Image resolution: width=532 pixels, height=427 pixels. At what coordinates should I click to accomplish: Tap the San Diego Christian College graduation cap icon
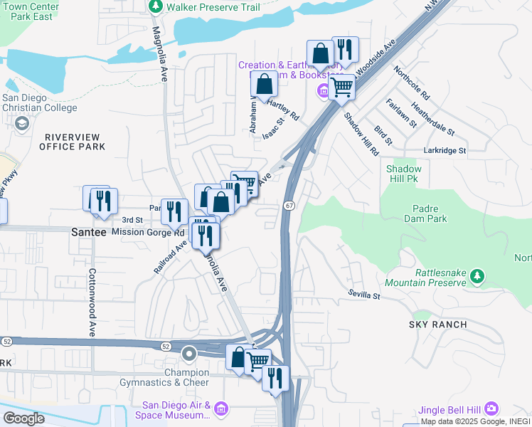(x=22, y=125)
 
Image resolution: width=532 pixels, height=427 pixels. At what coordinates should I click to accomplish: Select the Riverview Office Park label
(x=75, y=142)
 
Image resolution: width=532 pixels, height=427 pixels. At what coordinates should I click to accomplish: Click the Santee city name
(x=90, y=233)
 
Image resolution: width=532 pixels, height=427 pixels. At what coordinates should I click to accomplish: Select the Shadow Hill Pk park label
(x=404, y=174)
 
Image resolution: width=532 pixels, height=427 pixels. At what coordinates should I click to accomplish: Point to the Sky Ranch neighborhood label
(x=437, y=325)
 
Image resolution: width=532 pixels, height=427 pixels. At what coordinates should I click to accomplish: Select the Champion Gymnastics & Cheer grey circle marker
(x=189, y=354)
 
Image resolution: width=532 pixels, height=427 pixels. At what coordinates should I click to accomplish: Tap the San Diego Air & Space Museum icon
(x=220, y=408)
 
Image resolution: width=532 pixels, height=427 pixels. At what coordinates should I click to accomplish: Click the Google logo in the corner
(x=23, y=418)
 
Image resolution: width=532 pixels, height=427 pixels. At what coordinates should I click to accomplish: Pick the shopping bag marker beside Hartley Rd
(x=264, y=83)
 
